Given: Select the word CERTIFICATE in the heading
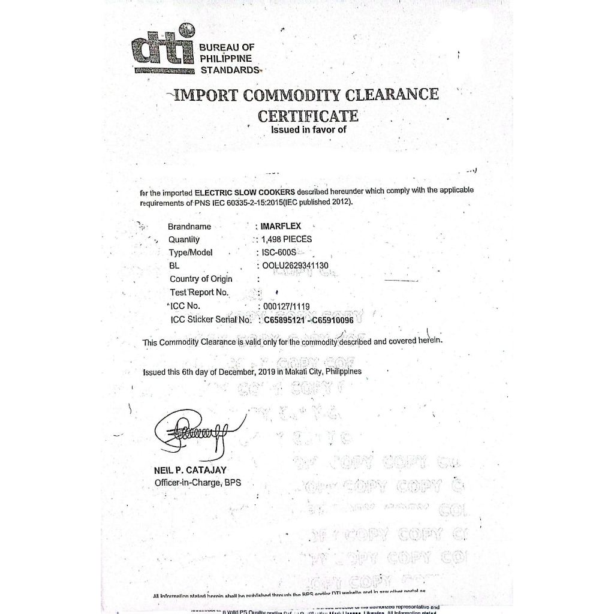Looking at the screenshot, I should [x=308, y=115].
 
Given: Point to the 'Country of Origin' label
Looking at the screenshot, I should [x=201, y=279].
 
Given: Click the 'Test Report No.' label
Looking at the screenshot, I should [x=200, y=292].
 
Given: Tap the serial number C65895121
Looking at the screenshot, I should [x=284, y=320].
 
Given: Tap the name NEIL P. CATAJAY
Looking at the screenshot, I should [x=190, y=471].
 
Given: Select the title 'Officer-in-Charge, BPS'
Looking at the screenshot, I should [x=197, y=483].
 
